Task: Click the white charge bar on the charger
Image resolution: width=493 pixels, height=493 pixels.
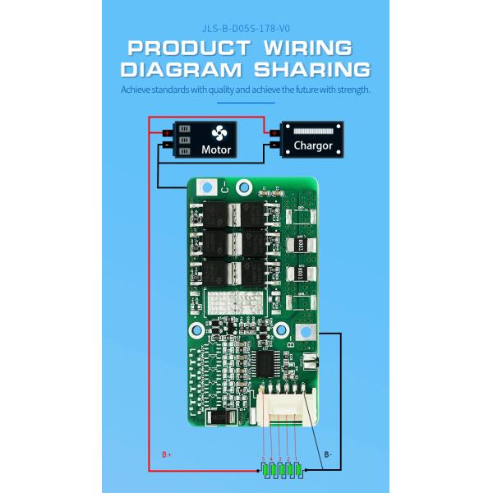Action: pos(313,131)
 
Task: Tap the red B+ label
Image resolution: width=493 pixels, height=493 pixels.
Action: pos(166,454)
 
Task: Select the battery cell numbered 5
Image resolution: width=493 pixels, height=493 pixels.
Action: pos(265,472)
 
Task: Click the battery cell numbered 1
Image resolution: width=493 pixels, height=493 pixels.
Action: pos(297,472)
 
